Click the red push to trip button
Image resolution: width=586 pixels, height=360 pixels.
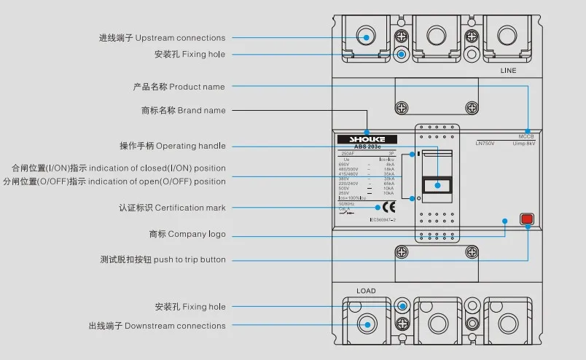click(x=526, y=219)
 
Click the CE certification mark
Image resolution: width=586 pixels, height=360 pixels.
click(x=388, y=206)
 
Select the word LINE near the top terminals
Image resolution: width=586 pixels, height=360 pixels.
click(x=508, y=71)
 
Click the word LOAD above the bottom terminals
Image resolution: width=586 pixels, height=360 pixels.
click(x=366, y=291)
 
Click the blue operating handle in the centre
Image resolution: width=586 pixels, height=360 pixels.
click(x=437, y=184)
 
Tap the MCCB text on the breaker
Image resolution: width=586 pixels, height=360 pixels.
click(x=526, y=137)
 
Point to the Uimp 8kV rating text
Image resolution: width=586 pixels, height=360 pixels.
click(x=524, y=144)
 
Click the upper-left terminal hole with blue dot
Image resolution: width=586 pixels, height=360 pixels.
click(x=366, y=36)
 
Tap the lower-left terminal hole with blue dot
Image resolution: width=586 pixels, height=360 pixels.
click(x=366, y=324)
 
